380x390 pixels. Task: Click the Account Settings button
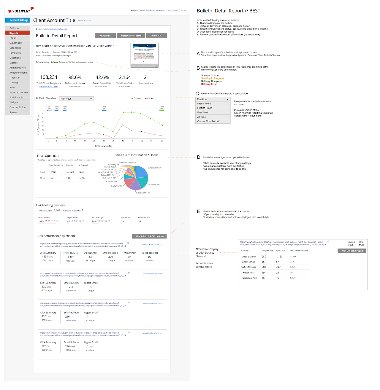click(x=18, y=20)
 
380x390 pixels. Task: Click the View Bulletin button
click(x=105, y=36)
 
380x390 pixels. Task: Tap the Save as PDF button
click(x=156, y=36)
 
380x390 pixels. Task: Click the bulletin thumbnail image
click(x=145, y=55)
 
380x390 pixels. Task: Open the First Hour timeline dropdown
click(x=77, y=99)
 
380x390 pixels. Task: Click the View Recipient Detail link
click(x=49, y=87)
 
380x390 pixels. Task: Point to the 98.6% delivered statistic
click(x=75, y=77)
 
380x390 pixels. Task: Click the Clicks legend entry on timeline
click(x=149, y=98)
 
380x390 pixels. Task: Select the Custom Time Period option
click(x=213, y=121)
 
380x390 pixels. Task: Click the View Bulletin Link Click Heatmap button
click(x=149, y=236)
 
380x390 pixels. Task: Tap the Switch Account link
click(x=84, y=21)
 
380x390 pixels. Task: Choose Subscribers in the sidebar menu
click(x=16, y=43)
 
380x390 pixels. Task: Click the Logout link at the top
click(x=183, y=10)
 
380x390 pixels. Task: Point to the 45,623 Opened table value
click(x=70, y=172)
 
